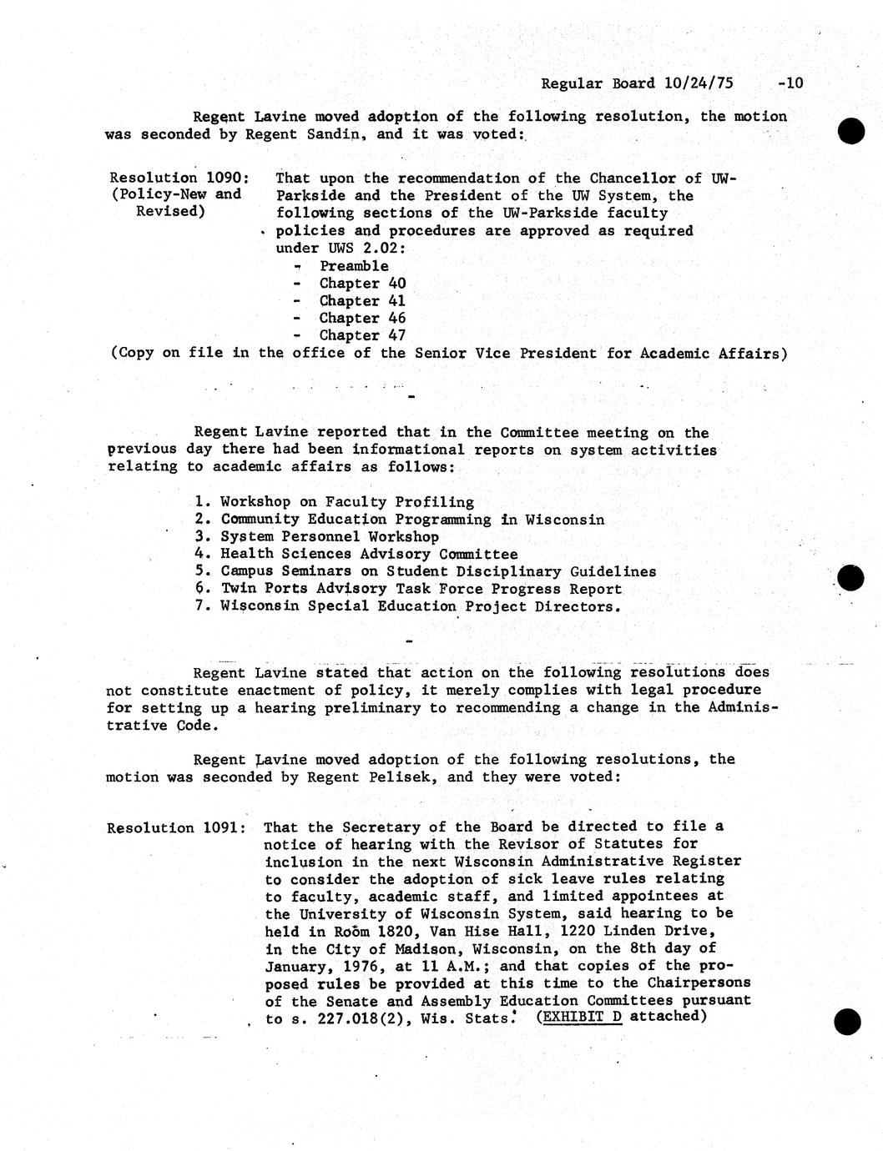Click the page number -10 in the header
pos(789,83)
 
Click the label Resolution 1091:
pos(175,827)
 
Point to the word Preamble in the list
pos(354,266)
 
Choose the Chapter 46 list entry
pos(362,318)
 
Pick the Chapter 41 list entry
pos(362,300)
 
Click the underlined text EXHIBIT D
pos(583,1017)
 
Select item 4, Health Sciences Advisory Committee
pos(368,554)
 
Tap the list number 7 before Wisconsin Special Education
pos(200,606)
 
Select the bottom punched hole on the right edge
pos(847,1021)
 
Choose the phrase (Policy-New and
pos(176,194)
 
